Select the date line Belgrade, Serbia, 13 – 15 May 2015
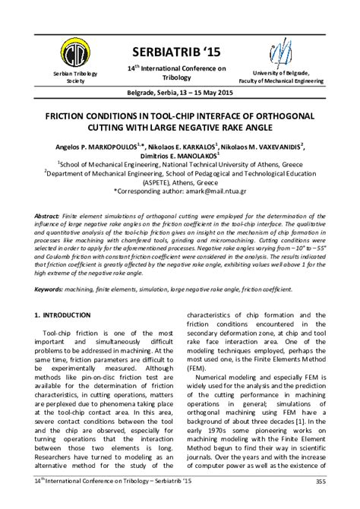pos(180,93)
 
